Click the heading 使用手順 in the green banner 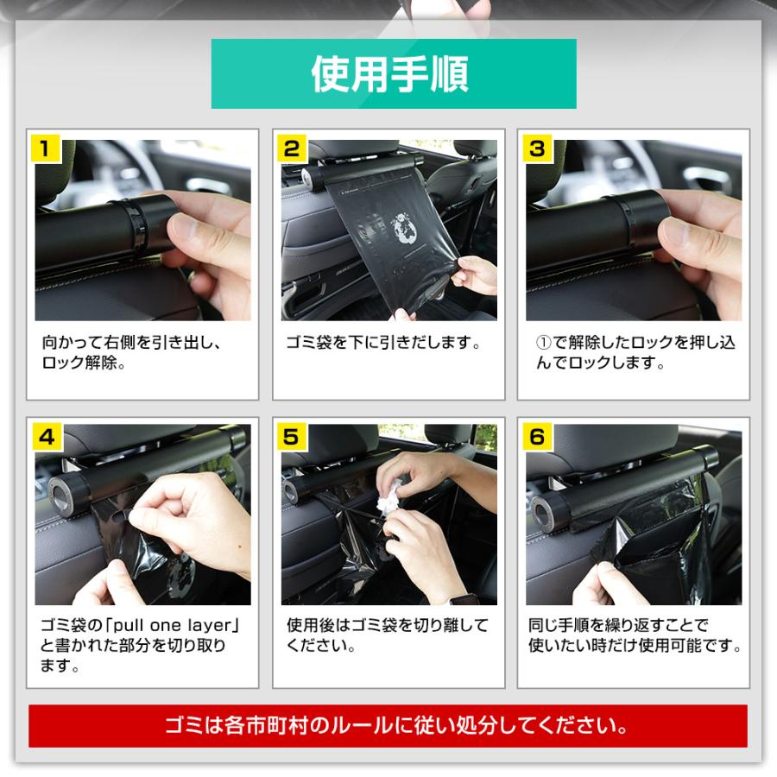click(x=393, y=74)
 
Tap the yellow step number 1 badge click(x=47, y=148)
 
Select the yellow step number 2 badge click(x=292, y=148)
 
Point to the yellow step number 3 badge click(x=537, y=148)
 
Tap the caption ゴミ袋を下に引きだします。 click(x=383, y=343)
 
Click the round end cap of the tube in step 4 click(x=63, y=491)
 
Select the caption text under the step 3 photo click(x=633, y=353)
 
